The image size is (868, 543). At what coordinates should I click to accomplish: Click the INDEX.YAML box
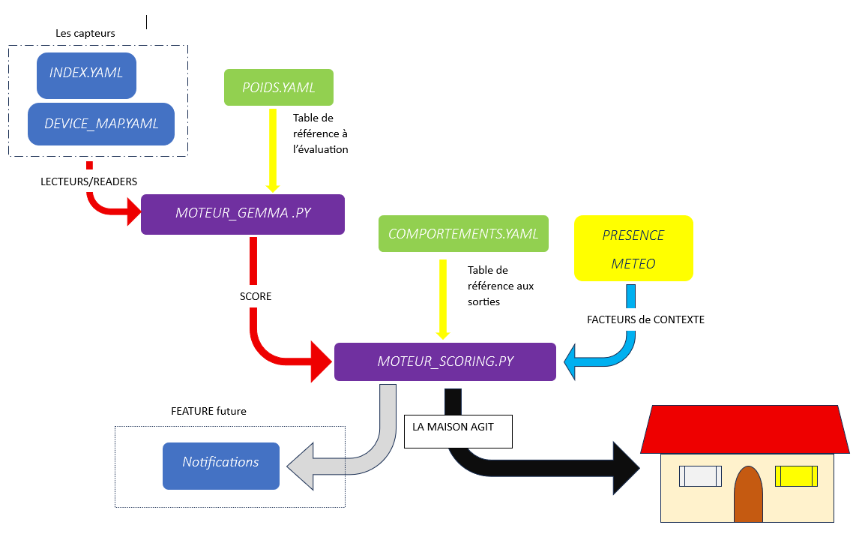click(86, 75)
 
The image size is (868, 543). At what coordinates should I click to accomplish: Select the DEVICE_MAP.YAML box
click(101, 124)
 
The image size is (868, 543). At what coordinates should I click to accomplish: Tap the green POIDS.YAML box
click(278, 88)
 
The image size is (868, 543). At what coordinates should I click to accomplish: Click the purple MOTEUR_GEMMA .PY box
click(242, 214)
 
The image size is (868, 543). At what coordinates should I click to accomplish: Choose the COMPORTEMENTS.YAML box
click(463, 234)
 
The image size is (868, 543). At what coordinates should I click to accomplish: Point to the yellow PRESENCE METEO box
click(633, 248)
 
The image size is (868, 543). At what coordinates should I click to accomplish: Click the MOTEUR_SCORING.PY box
click(445, 361)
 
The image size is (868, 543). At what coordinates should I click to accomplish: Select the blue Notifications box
click(221, 466)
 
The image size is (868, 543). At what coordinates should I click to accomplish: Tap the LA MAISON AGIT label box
click(458, 432)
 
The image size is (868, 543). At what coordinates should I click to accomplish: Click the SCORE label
click(256, 296)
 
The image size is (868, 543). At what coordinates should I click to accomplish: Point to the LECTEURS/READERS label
click(88, 181)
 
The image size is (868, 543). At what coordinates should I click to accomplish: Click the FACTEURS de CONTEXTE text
click(645, 319)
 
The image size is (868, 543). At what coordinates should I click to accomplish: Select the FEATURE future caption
click(208, 411)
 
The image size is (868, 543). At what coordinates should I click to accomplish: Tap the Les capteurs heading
click(85, 33)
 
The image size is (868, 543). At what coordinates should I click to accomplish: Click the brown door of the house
click(748, 494)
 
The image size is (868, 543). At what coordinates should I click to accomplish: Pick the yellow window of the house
click(796, 476)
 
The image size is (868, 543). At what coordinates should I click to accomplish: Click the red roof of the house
click(744, 430)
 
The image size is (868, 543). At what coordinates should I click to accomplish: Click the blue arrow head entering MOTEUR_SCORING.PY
click(570, 361)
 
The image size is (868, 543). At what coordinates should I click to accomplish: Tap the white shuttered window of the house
click(700, 476)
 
